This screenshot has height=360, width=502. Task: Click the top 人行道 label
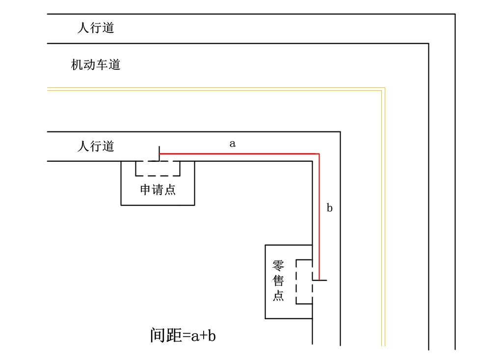tap(96, 28)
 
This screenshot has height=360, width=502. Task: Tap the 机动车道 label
tap(96, 65)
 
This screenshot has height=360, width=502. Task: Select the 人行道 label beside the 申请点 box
tap(96, 146)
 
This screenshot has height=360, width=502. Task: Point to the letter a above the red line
tap(233, 144)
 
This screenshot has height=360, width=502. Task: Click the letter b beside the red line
tap(330, 208)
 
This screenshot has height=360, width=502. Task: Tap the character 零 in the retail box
tap(279, 266)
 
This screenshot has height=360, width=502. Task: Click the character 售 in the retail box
tap(279, 281)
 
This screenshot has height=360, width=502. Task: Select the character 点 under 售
tap(279, 296)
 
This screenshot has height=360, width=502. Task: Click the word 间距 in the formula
tap(166, 336)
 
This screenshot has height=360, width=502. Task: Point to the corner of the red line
tap(319, 154)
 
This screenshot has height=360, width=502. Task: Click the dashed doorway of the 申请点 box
tap(158, 168)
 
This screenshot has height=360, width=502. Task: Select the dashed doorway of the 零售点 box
tap(304, 282)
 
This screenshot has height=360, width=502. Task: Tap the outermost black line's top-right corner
tap(455, 14)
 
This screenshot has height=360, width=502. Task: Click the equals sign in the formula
tap(186, 336)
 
